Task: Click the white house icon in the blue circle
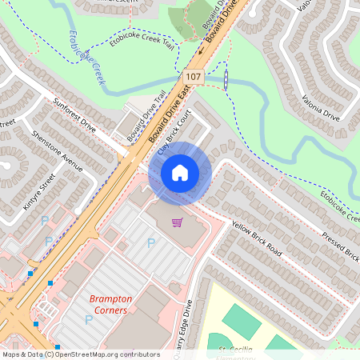click(x=180, y=172)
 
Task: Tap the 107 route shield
click(x=192, y=76)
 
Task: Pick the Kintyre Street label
click(x=38, y=190)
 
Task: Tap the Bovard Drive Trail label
click(x=146, y=117)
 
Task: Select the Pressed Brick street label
click(x=340, y=246)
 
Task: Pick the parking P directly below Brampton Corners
click(x=89, y=320)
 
